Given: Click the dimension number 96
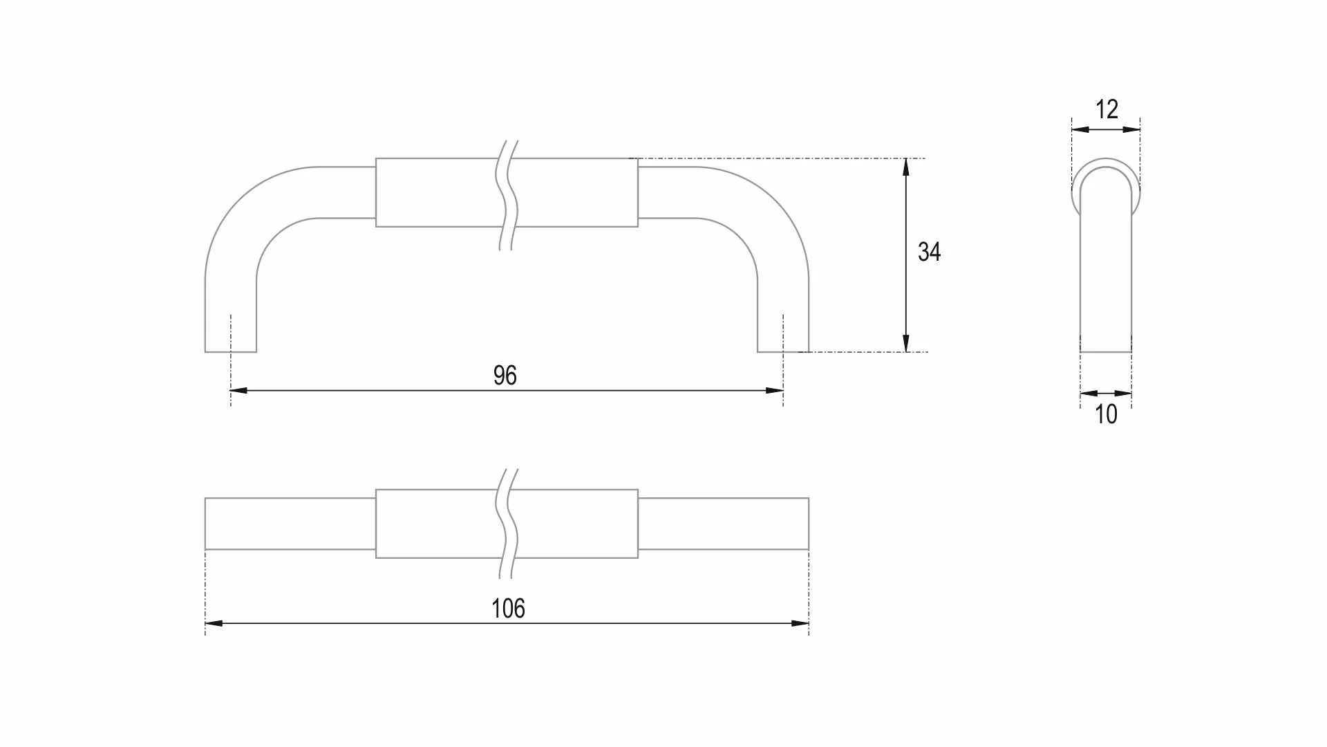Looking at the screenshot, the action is point(505,376).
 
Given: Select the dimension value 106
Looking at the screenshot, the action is point(508,609).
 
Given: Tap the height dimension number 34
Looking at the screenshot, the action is point(929,252).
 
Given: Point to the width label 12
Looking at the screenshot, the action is point(1107,109).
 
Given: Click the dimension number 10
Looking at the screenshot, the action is point(1106,414).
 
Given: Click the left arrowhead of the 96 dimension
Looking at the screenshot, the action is point(238,391).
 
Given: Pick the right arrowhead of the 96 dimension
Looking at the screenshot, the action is point(775,391).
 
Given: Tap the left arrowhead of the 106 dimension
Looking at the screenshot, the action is point(214,624).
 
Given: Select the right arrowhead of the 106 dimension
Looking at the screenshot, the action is point(800,624).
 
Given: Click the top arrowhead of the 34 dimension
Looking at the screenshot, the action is point(906,167).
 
